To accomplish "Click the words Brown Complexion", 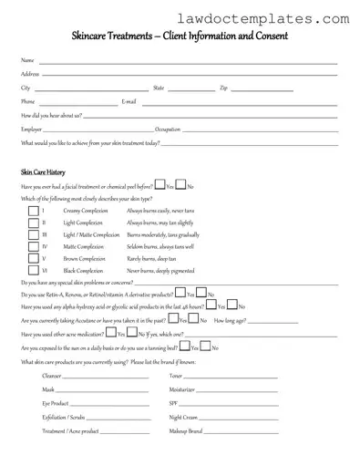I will point(83,258).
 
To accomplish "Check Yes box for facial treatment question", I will point(159,185).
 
